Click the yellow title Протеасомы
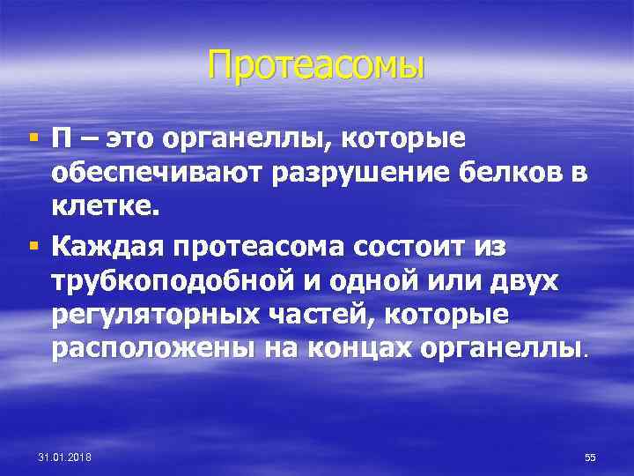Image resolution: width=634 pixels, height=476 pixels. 317,64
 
